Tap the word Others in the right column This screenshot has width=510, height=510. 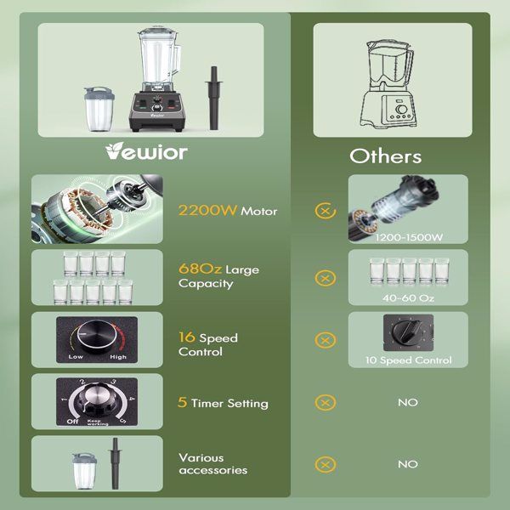(x=385, y=156)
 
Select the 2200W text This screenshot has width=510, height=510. (x=207, y=210)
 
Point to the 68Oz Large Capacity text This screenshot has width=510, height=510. (x=218, y=276)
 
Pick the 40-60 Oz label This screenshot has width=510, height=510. (x=408, y=297)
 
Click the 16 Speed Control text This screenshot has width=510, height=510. (x=208, y=344)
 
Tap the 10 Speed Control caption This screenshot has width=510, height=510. (x=408, y=360)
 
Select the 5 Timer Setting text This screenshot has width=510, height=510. (x=223, y=403)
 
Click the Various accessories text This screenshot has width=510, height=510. (x=212, y=463)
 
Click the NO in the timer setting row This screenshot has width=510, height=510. (x=408, y=402)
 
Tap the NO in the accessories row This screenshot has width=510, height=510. (x=408, y=464)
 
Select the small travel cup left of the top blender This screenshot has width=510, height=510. (x=96, y=110)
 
